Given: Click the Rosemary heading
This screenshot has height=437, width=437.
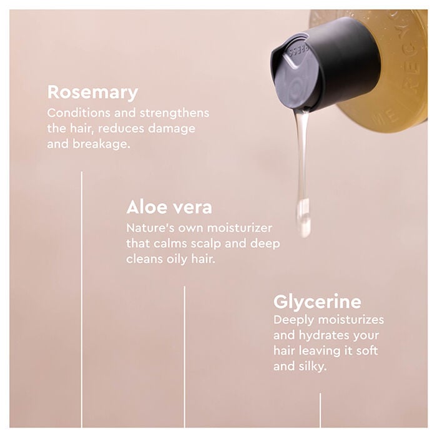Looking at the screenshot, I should [92, 92].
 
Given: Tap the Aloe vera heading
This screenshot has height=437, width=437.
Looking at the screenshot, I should [169, 207].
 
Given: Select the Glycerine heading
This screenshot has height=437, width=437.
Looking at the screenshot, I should [317, 302].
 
